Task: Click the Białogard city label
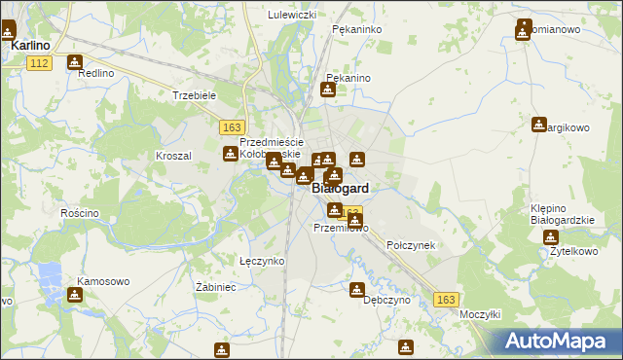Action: (x=340, y=190)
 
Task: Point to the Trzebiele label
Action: (x=193, y=95)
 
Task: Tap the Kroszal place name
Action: (x=174, y=156)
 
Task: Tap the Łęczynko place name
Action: (x=262, y=261)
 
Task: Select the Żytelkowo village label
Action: (x=573, y=251)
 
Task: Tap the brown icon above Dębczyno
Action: (x=357, y=289)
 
